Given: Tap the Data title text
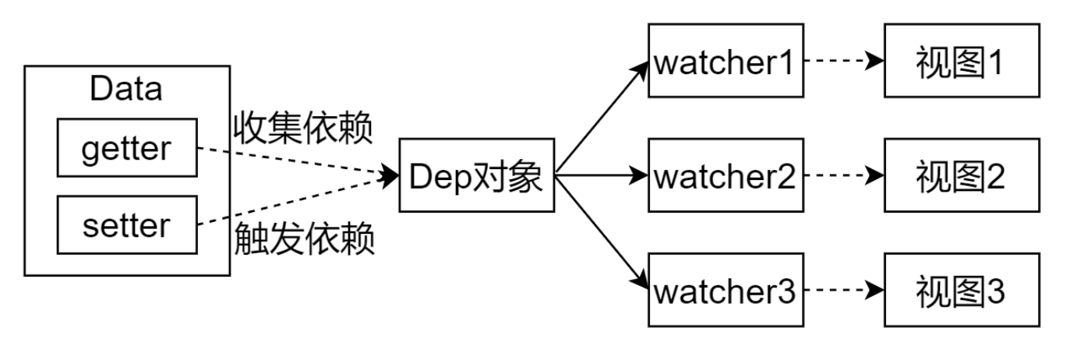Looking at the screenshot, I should [x=126, y=89].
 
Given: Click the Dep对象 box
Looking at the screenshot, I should [x=475, y=175].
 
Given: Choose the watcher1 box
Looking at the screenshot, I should [x=725, y=61].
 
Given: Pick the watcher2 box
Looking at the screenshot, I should [x=725, y=176].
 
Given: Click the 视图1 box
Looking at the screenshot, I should [x=961, y=61].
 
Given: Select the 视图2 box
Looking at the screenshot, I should [x=961, y=176].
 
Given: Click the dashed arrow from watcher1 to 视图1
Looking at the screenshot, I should [x=842, y=61].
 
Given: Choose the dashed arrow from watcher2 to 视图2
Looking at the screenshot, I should [x=842, y=176].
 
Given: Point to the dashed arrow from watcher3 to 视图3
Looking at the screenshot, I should [x=842, y=291].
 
